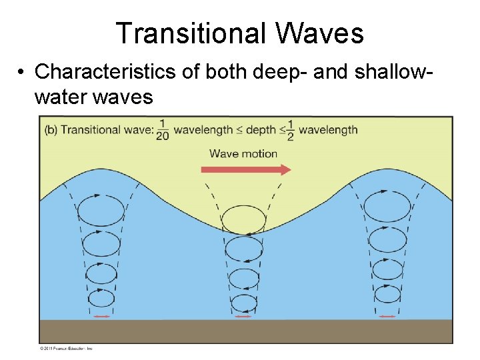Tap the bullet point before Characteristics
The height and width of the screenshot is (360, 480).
[23, 72]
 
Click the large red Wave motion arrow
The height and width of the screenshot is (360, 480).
[246, 169]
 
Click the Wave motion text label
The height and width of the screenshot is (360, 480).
[243, 153]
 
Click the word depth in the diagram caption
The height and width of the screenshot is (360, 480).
[261, 130]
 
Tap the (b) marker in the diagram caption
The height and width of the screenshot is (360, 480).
[51, 130]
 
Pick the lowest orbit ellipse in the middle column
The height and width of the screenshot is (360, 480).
[243, 303]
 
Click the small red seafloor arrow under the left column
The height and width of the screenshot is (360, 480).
[101, 316]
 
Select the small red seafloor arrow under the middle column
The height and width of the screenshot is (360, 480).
[243, 317]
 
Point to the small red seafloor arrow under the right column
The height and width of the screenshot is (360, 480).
[387, 316]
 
